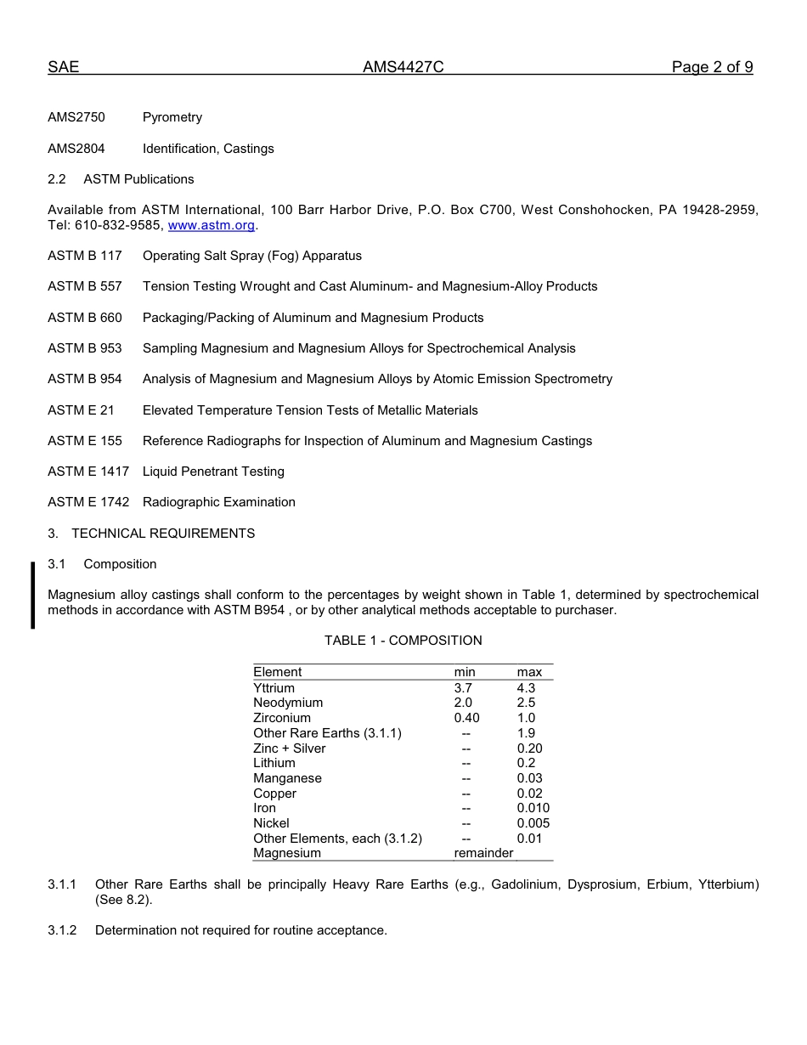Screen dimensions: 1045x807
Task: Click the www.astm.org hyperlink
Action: click(212, 225)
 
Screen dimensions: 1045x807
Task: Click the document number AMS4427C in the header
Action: click(403, 67)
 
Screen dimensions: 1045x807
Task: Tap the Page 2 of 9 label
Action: click(712, 67)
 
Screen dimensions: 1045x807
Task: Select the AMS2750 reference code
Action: click(76, 117)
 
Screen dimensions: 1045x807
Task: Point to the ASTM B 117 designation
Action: click(85, 256)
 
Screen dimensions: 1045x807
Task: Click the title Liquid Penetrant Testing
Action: click(213, 472)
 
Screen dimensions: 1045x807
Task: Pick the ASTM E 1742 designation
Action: click(88, 502)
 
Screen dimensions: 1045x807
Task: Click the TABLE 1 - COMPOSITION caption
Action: click(403, 641)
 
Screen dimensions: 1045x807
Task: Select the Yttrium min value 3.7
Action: click(463, 688)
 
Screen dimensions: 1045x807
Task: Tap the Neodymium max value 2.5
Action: click(526, 703)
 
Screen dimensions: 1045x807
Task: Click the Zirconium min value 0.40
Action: click(466, 718)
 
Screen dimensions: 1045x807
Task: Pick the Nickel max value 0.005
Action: click(533, 823)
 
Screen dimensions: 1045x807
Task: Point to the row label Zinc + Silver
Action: click(289, 748)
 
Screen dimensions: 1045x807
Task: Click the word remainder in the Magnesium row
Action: click(483, 853)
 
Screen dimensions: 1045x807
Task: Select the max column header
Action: click(529, 672)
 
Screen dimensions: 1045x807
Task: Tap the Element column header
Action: click(277, 672)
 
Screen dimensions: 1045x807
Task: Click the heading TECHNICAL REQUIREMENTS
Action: click(163, 534)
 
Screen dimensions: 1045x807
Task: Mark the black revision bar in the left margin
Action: click(33, 595)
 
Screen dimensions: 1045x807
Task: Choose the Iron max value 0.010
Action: click(533, 808)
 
